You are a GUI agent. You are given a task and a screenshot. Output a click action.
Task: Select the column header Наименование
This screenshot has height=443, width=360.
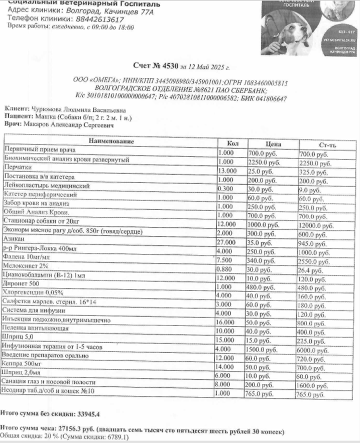click(x=111, y=141)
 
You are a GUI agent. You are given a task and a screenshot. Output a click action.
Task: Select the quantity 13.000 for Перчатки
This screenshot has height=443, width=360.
click(x=230, y=171)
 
